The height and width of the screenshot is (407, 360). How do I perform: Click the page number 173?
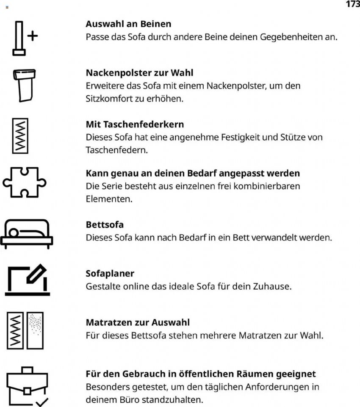352,4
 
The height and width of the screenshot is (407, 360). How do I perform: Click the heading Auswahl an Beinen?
128,24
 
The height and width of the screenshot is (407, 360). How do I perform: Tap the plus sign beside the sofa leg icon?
32,36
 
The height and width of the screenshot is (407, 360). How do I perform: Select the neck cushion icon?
25,85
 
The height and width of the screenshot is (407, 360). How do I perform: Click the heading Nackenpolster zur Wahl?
139,73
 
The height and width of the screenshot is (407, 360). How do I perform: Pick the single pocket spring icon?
20,136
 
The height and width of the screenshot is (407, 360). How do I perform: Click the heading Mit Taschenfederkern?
135,125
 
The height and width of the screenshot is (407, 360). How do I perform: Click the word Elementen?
109,199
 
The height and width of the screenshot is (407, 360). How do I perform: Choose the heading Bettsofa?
105,224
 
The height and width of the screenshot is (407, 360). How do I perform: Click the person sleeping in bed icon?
26,234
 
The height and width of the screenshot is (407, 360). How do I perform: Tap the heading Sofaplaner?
110,274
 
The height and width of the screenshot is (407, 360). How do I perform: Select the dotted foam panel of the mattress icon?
35,330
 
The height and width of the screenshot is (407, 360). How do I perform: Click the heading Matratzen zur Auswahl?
138,323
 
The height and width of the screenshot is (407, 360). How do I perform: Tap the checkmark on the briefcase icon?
42,401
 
